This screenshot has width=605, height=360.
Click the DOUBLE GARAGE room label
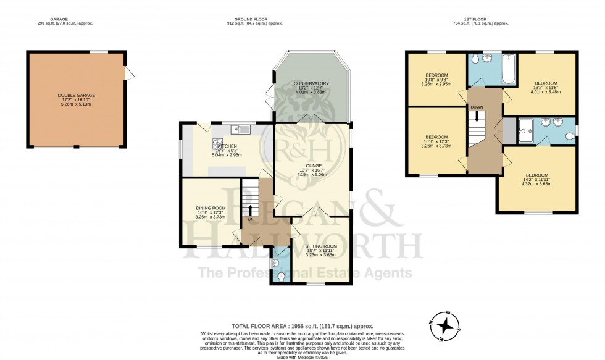coord(77,96)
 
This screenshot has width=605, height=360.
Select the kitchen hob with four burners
coord(219,144)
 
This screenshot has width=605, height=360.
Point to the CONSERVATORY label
coord(311,83)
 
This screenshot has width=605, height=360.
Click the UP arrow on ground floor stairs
coord(251,209)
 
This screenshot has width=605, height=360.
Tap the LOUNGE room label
coord(312,165)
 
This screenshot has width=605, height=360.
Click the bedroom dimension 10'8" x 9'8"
coord(436,80)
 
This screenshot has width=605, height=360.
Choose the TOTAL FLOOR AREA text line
coord(302,326)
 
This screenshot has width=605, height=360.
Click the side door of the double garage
coord(129,73)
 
